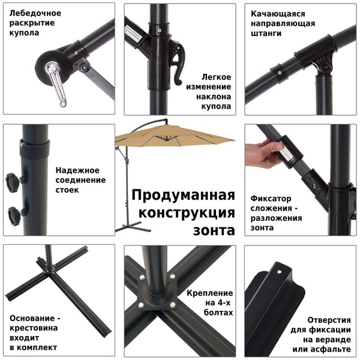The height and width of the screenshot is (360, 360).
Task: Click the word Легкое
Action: (x=217, y=77)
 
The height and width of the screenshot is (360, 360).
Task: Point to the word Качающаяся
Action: (x=278, y=13)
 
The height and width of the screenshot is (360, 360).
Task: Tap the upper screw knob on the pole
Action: (x=13, y=180)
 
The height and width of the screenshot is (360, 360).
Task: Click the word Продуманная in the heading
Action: (x=182, y=196)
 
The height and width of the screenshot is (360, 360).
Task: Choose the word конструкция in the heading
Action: (x=187, y=213)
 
